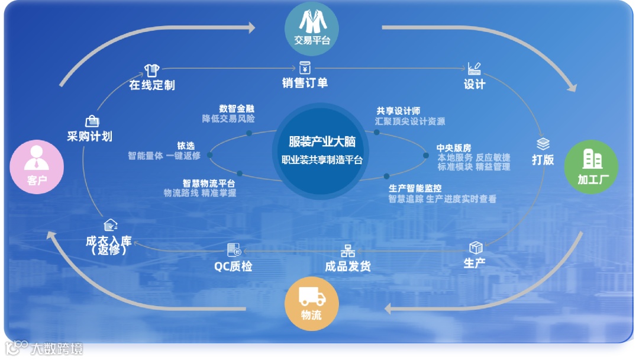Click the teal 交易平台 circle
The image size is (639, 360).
(312, 28)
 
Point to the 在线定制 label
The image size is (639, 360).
(152, 85)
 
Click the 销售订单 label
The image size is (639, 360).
(305, 83)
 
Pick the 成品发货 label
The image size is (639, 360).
(348, 266)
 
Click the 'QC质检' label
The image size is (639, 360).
(233, 266)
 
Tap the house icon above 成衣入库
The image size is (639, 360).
(109, 226)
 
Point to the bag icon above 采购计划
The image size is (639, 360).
(92, 121)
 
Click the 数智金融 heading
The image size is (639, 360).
(237, 109)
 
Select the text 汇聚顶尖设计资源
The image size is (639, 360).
(409, 121)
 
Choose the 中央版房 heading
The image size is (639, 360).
(454, 148)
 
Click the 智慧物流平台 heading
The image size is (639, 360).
(209, 184)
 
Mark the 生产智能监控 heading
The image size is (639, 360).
(415, 188)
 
